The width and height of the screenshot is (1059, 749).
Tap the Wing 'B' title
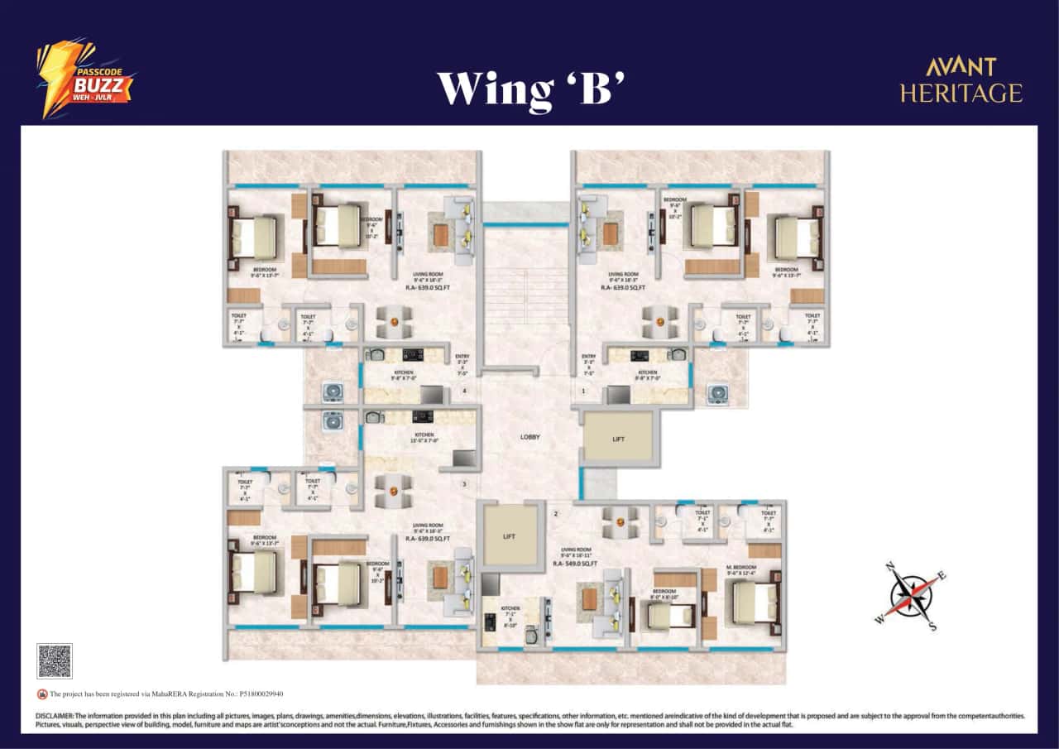529,88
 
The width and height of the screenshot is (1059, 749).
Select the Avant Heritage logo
961,81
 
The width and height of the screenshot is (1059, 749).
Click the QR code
55,660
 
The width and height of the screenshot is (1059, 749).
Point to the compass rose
910,594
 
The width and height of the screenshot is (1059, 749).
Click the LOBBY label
530,436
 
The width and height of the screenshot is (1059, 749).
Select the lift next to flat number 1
618,438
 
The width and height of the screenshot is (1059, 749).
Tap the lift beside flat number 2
509,535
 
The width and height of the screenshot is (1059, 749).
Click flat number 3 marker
464,484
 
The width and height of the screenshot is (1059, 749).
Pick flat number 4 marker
464,391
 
